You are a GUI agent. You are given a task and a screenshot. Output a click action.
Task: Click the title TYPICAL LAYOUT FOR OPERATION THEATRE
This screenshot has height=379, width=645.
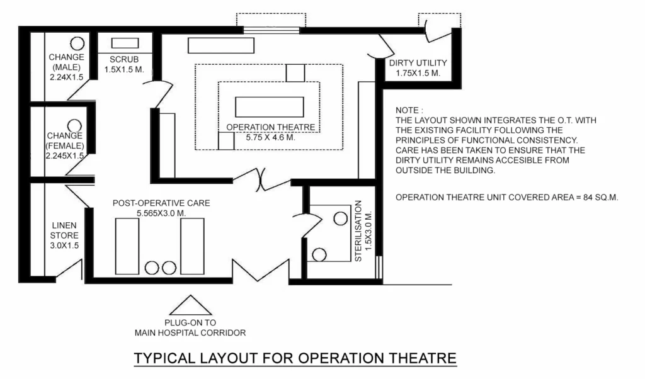pyautogui.click(x=295, y=358)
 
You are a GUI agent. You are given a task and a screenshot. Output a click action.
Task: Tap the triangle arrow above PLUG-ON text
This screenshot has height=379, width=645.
pyautogui.click(x=190, y=306)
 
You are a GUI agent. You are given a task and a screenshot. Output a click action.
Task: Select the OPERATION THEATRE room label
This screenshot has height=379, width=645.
pyautogui.click(x=270, y=127)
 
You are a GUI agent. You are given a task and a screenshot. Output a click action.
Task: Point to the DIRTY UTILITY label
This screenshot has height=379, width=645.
pyautogui.click(x=418, y=63)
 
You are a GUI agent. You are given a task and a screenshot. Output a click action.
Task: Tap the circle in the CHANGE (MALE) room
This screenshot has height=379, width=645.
pyautogui.click(x=77, y=43)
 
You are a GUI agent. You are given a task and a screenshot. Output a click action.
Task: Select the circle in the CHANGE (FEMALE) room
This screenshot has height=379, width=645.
pyautogui.click(x=75, y=126)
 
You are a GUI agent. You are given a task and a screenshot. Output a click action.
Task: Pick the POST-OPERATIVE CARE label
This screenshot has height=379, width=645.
pyautogui.click(x=161, y=203)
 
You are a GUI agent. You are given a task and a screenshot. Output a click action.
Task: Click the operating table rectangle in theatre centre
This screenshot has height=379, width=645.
pyautogui.click(x=270, y=106)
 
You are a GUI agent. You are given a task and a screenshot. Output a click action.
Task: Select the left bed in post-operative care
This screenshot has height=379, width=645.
pyautogui.click(x=127, y=246)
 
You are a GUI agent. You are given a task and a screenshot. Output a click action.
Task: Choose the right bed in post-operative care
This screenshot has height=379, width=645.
pyautogui.click(x=192, y=246)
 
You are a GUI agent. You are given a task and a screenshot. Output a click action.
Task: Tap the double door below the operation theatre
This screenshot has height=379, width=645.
pyautogui.click(x=261, y=179)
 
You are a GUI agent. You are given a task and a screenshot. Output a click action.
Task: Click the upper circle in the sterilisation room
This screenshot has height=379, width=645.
pyautogui.click(x=340, y=218)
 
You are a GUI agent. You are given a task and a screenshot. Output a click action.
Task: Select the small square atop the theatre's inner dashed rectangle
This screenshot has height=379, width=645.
pyautogui.click(x=295, y=72)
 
